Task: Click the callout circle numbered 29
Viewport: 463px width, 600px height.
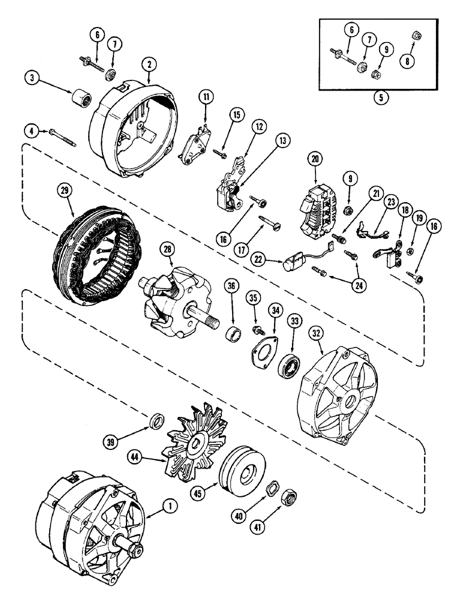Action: tap(64, 190)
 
